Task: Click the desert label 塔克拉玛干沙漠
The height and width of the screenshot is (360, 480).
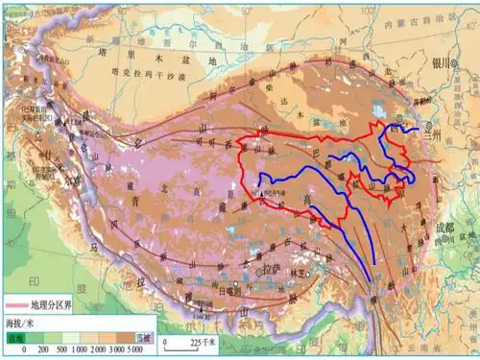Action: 144,73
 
